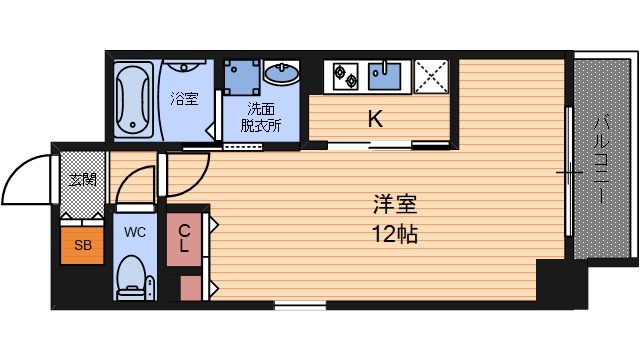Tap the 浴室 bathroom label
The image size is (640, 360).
[183, 99]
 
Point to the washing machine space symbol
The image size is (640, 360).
[242, 74]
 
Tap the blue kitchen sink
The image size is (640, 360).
[385, 73]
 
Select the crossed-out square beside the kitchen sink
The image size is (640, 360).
[432, 74]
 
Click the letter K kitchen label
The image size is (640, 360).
[375, 119]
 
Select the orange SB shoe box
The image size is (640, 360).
[80, 243]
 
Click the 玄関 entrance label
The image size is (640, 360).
[82, 181]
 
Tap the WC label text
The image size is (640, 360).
[134, 231]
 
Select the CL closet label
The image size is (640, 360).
[185, 238]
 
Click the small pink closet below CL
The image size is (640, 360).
[191, 288]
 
